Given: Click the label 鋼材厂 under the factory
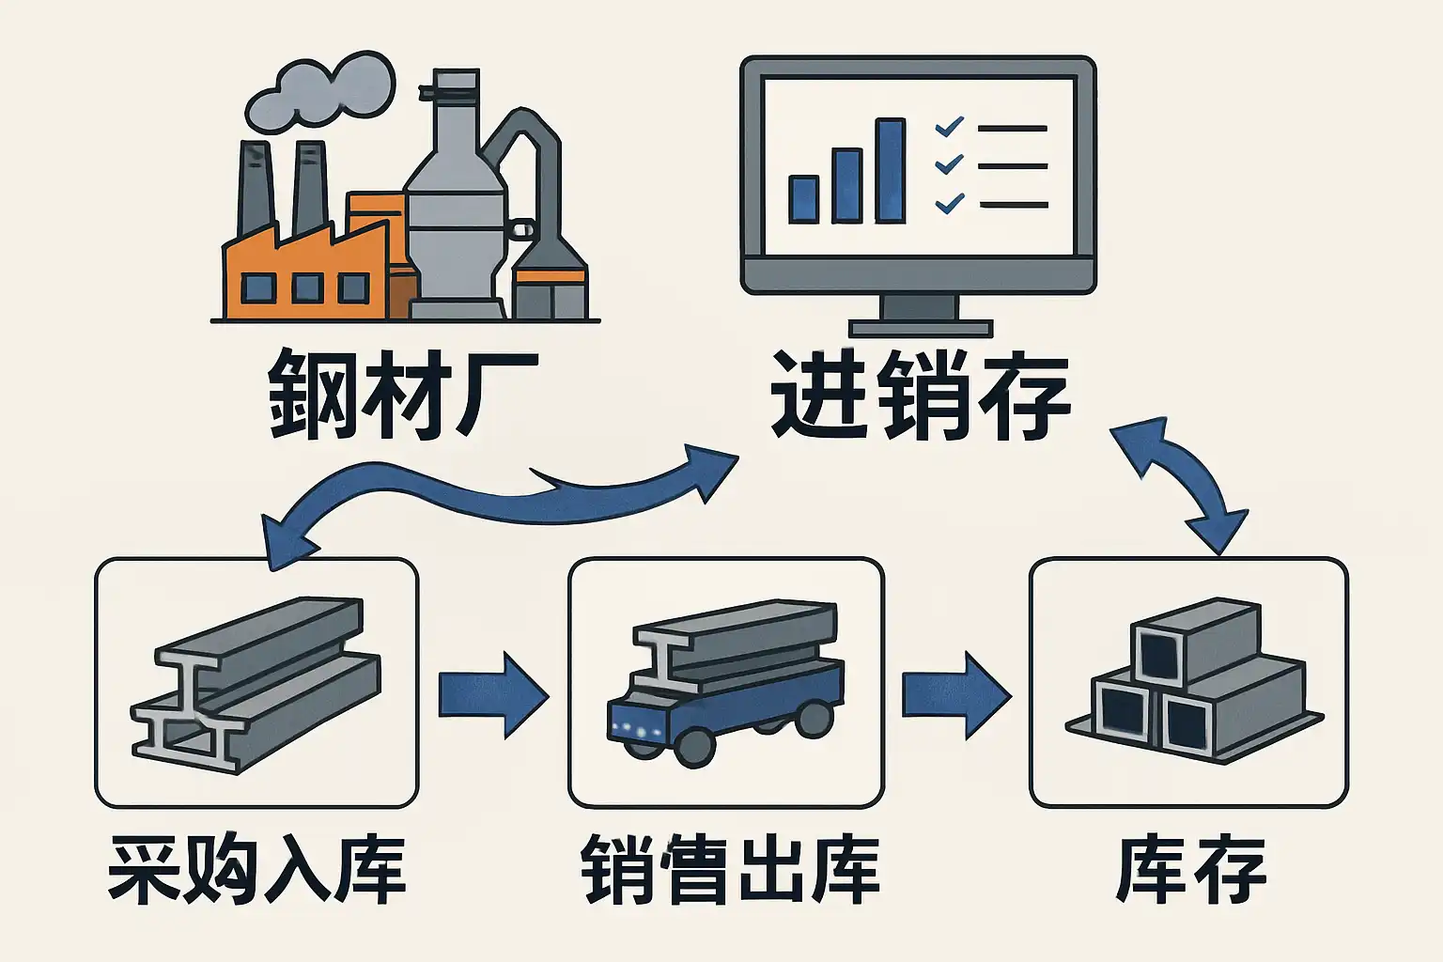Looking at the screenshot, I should [402, 395].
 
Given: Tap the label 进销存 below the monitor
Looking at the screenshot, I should [921, 395].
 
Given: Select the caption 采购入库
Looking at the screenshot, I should [256, 870].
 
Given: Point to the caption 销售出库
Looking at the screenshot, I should [730, 870].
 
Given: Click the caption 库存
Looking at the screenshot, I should [1191, 870].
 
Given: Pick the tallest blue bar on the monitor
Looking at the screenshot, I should [890, 171].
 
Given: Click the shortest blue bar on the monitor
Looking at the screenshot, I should [804, 198].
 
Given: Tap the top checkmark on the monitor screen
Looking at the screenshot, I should [950, 126].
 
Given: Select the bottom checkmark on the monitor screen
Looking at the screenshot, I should [950, 202].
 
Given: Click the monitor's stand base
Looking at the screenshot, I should [920, 328].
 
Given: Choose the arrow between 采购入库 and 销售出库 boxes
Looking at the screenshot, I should [492, 696].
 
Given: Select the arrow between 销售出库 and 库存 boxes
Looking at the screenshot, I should [955, 696].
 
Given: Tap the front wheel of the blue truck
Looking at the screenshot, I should [694, 747].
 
